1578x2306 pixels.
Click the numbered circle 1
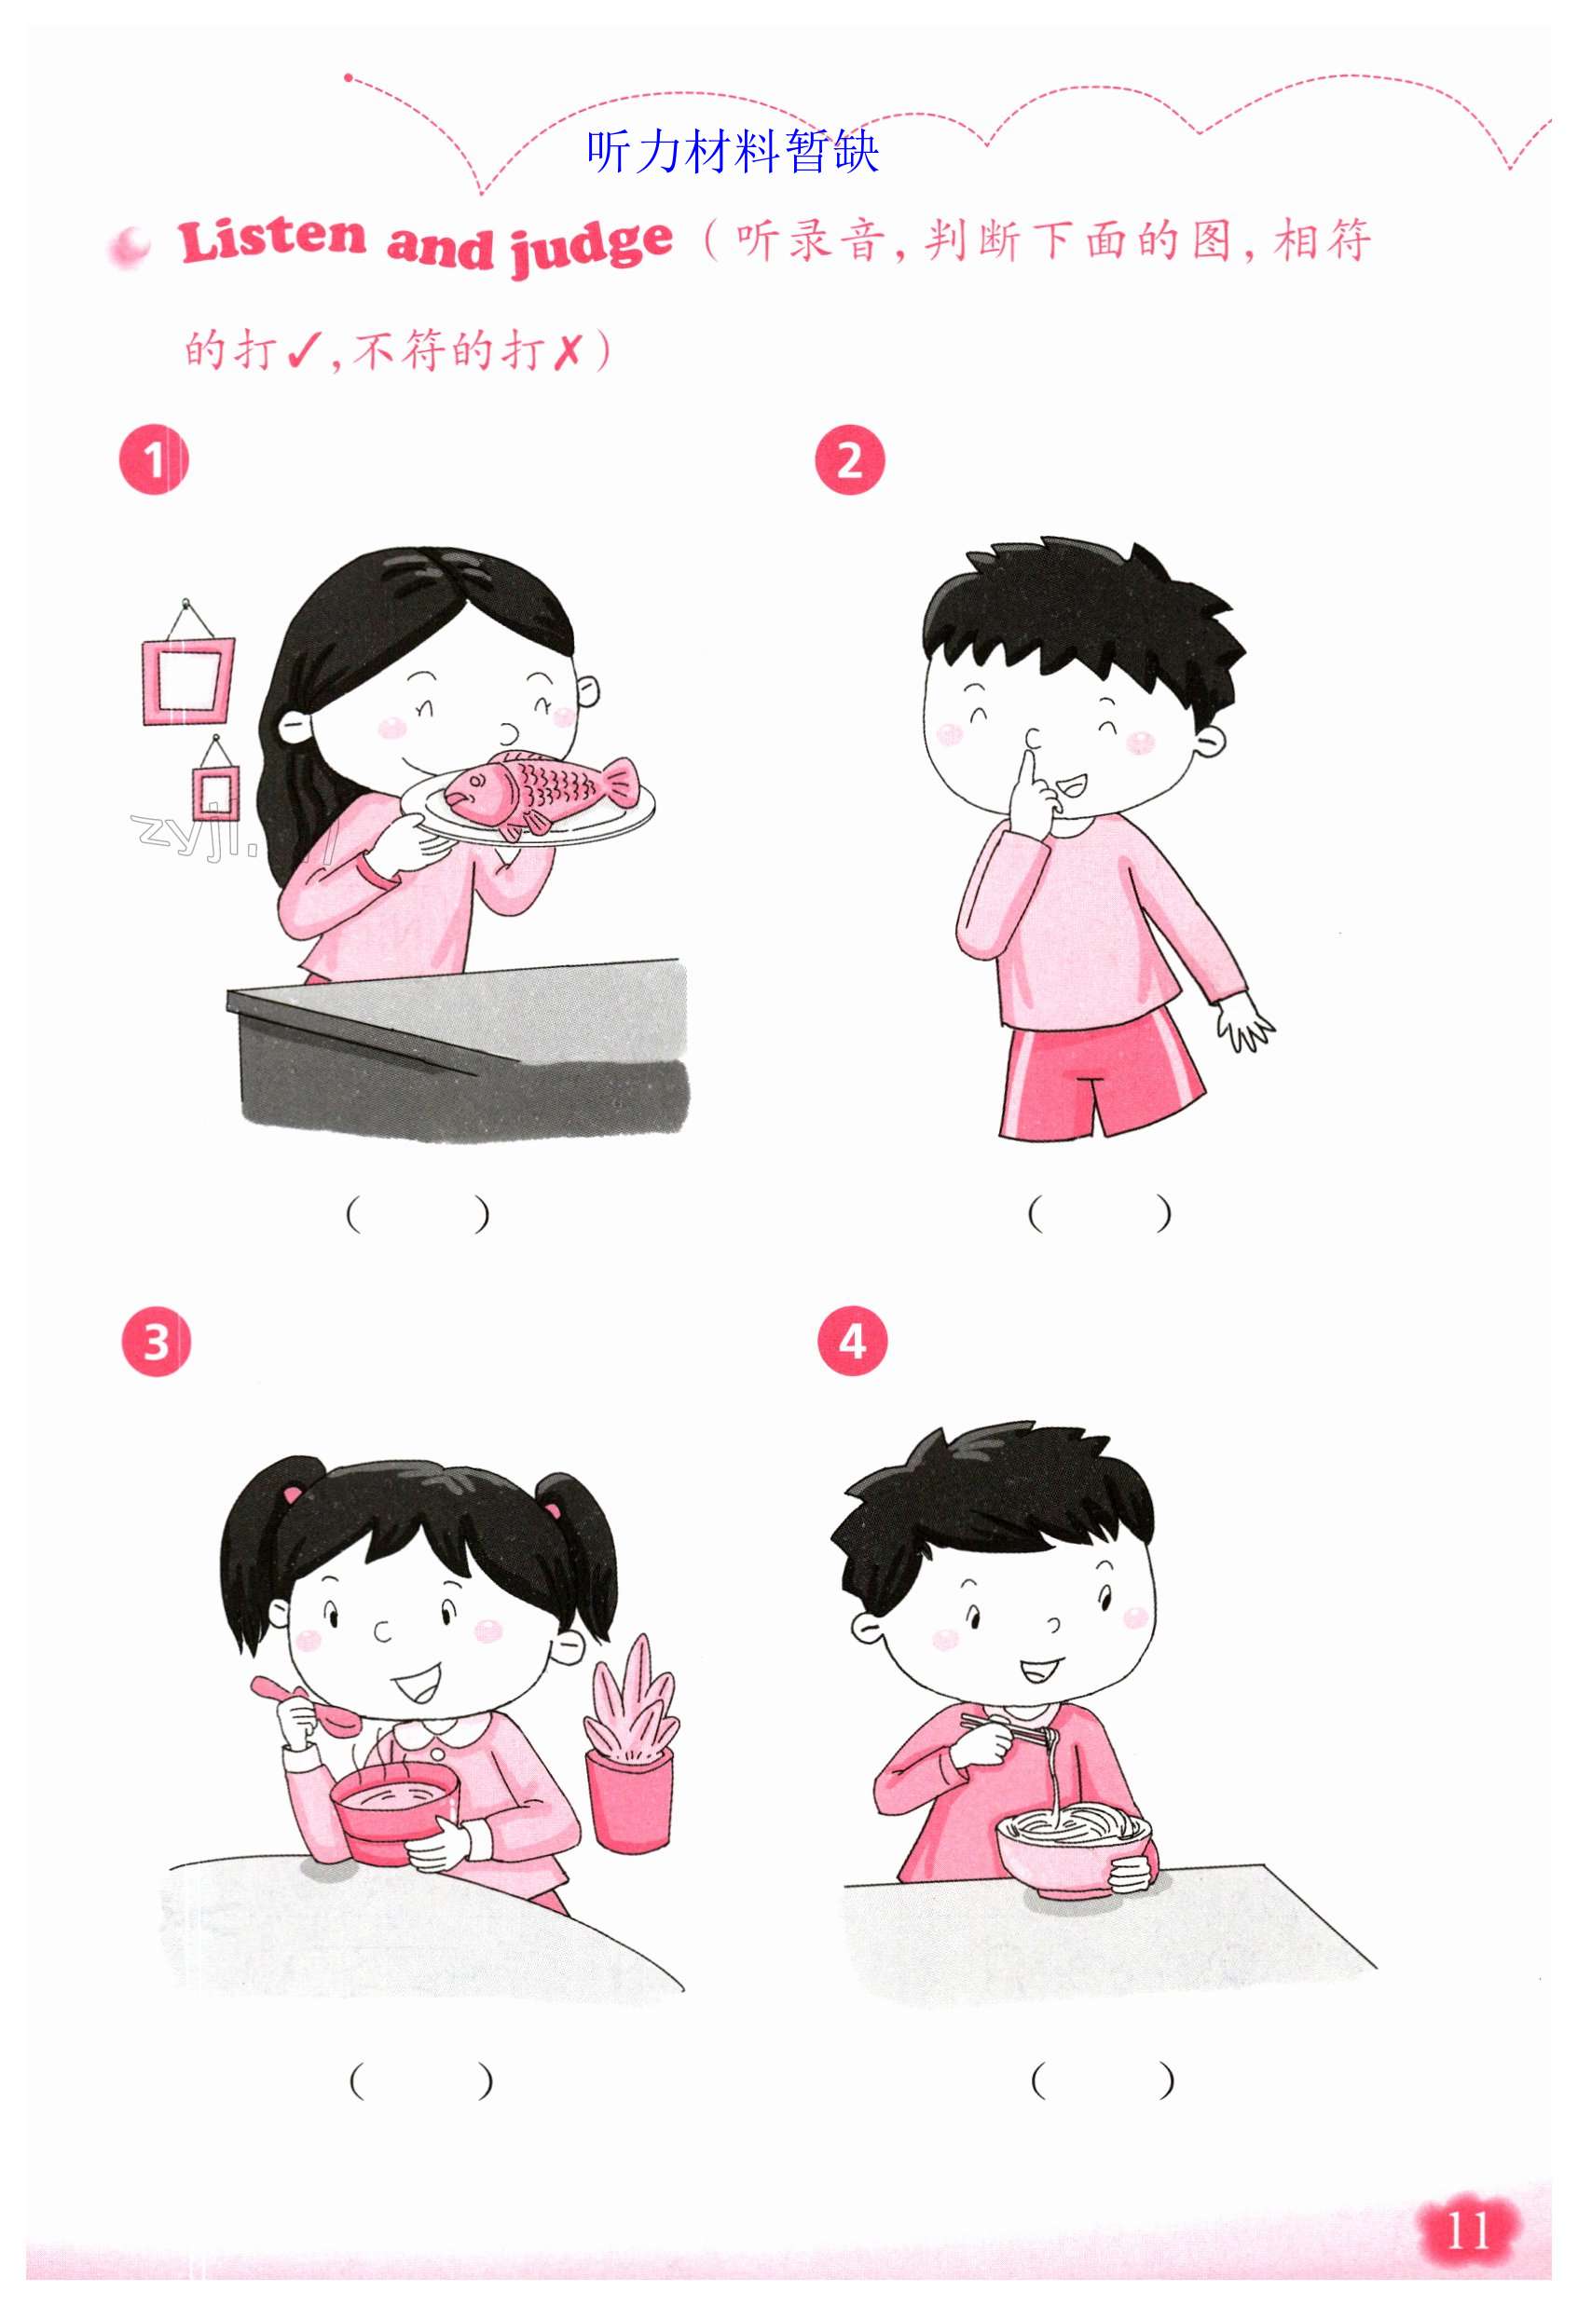pos(153,459)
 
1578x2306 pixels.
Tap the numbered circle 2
pos(849,459)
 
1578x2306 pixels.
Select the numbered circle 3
pos(156,1342)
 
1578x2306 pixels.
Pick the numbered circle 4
pos(852,1342)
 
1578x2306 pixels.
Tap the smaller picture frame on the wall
pos(215,792)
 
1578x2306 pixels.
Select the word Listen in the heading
pos(273,239)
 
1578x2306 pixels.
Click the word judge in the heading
pos(592,247)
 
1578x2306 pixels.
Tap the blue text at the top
pos(733,151)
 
